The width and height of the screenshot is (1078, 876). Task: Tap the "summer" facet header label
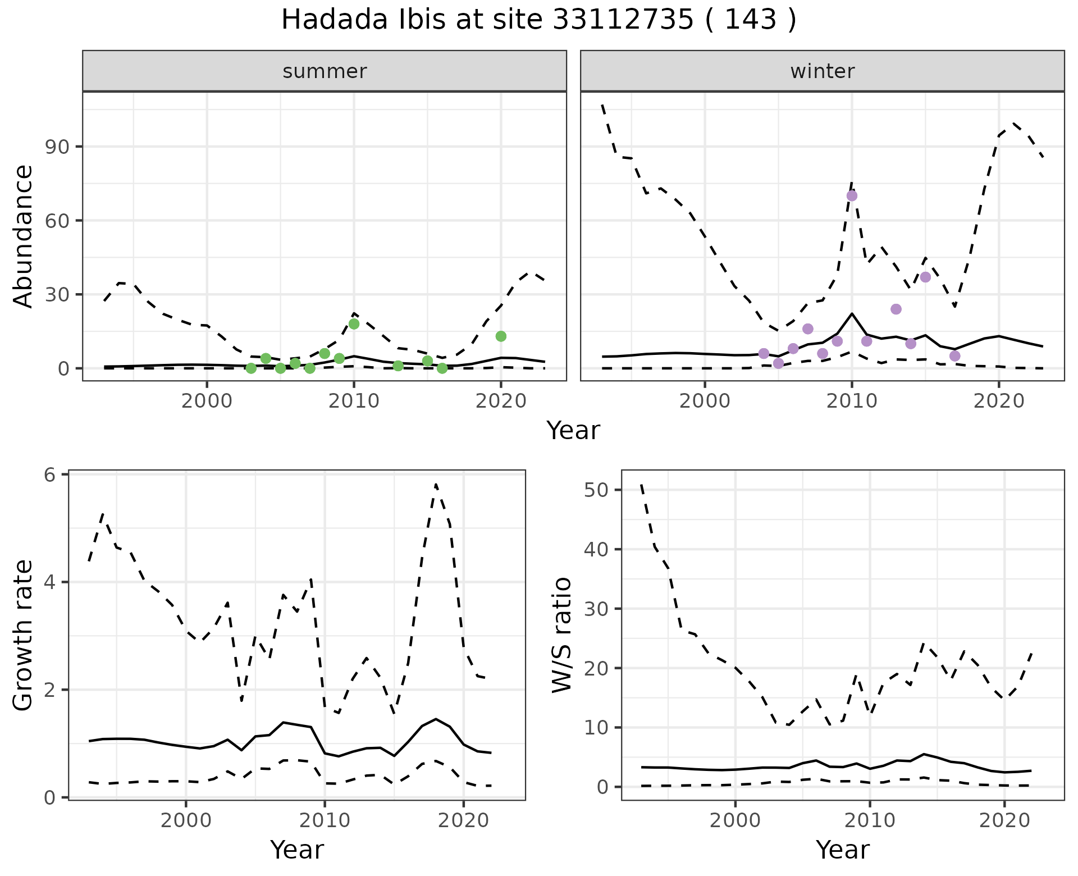coord(325,71)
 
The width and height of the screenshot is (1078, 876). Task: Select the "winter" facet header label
coord(822,71)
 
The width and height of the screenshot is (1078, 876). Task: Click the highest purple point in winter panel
coord(852,196)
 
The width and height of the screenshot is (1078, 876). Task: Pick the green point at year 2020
coord(501,336)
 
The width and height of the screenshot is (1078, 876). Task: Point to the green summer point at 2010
coord(354,324)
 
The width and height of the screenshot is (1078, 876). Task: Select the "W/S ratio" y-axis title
coord(562,635)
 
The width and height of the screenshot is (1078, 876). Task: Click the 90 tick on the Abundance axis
coord(55,147)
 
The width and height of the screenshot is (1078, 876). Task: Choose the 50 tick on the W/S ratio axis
coord(596,490)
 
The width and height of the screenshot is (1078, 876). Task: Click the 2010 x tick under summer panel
coord(354,401)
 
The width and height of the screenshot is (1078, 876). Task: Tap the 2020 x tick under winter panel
coord(999,401)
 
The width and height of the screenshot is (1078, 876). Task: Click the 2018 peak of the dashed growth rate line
coord(436,484)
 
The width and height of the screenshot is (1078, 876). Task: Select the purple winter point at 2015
coord(925,277)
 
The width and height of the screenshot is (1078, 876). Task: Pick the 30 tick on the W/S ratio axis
coord(596,609)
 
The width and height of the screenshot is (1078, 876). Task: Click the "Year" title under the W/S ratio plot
coord(842,850)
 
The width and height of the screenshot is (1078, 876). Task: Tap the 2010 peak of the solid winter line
coord(852,314)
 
